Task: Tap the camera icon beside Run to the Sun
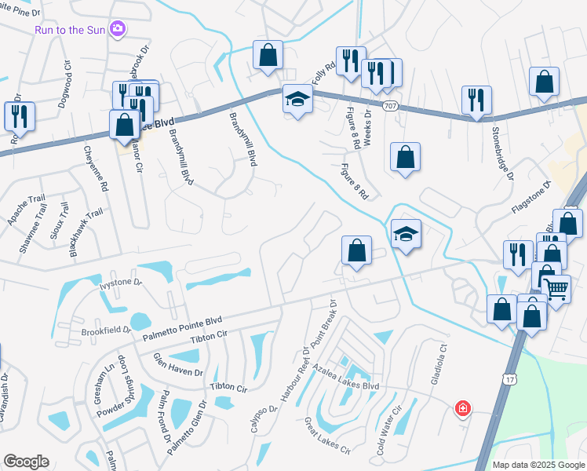click(118, 29)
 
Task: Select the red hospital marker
click(463, 408)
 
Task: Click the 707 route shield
click(389, 104)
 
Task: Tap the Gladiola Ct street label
click(438, 371)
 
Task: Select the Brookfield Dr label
click(105, 331)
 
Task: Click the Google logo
click(26, 462)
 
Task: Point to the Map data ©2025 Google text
click(538, 465)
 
